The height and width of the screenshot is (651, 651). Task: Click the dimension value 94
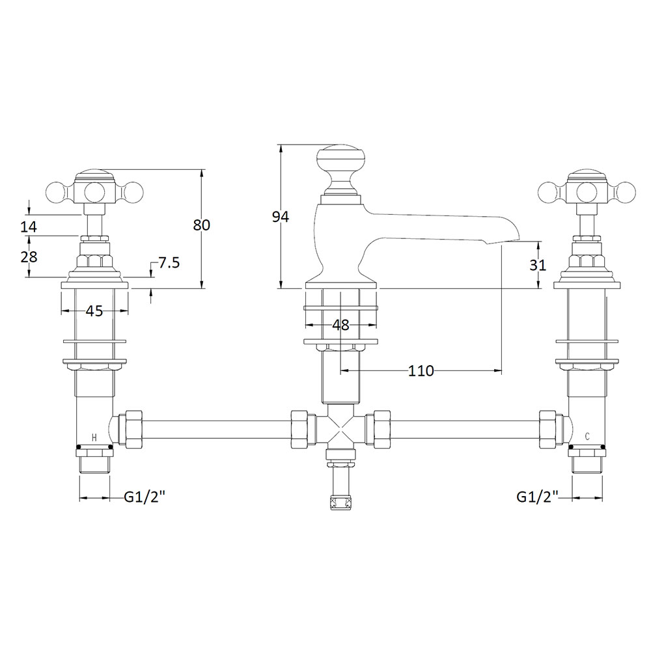click(x=280, y=217)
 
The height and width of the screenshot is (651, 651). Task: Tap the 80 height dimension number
click(x=202, y=225)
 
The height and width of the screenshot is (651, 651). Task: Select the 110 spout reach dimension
click(x=421, y=371)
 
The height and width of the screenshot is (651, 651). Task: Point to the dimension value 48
click(x=341, y=325)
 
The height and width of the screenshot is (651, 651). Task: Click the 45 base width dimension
click(x=94, y=311)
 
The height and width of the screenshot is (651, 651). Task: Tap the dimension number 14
click(x=29, y=227)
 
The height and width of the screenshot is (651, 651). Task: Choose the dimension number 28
click(x=29, y=257)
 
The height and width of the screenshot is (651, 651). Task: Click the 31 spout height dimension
click(x=538, y=265)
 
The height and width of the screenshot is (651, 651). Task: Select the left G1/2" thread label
click(x=145, y=497)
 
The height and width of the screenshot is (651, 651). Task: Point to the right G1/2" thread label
click(x=537, y=497)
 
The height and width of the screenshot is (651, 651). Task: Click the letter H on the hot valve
click(x=94, y=437)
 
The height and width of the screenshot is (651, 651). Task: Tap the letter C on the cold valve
click(x=587, y=436)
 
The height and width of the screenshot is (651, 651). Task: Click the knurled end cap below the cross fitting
click(x=340, y=503)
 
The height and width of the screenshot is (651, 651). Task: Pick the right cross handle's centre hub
click(x=587, y=191)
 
